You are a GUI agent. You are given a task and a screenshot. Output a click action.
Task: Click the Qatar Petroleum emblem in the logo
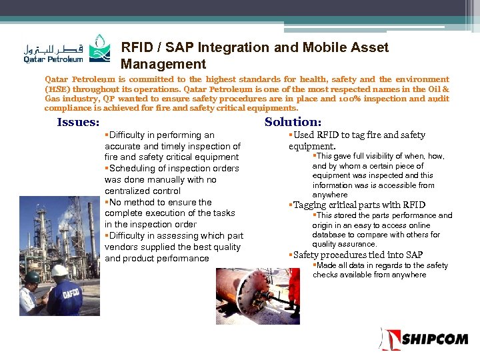click(x=98, y=47)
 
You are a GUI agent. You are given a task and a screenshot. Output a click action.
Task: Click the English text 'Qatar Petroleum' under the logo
click(x=54, y=59)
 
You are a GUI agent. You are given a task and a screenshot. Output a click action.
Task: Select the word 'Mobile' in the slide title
click(x=300, y=47)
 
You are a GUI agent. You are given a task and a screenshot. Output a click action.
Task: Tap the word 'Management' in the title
click(x=163, y=64)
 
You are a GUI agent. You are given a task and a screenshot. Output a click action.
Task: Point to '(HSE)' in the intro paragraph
click(x=58, y=89)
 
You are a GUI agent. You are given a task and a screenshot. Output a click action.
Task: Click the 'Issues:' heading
click(x=78, y=122)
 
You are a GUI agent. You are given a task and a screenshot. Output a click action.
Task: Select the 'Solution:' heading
click(x=293, y=122)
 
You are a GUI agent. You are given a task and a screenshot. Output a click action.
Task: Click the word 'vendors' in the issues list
click(x=123, y=247)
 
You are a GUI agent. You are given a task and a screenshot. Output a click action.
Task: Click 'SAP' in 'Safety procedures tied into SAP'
click(x=413, y=255)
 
